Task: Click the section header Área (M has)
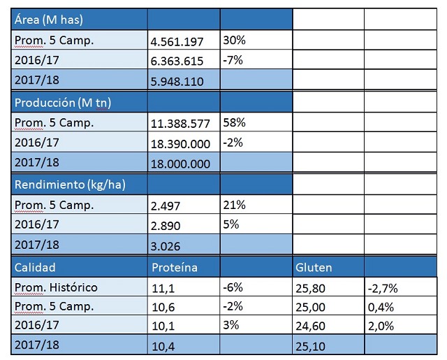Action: click(52, 20)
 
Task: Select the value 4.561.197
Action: click(177, 41)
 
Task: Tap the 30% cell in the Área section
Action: click(234, 40)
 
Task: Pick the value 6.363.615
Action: click(177, 61)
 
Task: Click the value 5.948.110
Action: click(177, 81)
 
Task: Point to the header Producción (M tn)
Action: click(63, 102)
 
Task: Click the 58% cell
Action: click(234, 122)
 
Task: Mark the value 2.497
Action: click(166, 205)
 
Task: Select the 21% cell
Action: click(234, 204)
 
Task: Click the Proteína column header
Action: click(175, 267)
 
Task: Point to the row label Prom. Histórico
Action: click(56, 287)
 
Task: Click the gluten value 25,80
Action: click(311, 287)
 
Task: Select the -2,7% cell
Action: click(383, 287)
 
